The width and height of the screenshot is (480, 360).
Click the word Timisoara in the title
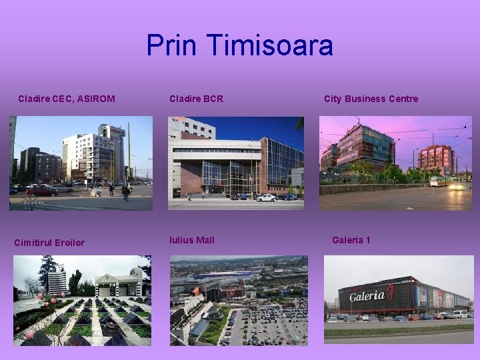(x=269, y=45)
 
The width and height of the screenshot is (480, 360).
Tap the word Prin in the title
(x=173, y=45)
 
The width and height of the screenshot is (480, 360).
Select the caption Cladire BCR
(x=196, y=99)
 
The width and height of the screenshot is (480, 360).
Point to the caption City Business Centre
(x=371, y=99)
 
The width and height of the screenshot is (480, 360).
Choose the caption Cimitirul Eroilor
(x=49, y=243)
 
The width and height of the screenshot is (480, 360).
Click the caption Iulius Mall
(x=192, y=240)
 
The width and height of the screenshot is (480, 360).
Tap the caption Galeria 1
(x=351, y=240)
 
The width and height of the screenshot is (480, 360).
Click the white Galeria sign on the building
(x=367, y=295)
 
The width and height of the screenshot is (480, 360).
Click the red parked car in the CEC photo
(x=41, y=191)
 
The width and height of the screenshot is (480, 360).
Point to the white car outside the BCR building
(x=266, y=197)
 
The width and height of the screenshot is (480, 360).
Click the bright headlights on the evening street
(x=459, y=186)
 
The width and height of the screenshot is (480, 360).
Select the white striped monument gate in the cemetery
(x=119, y=284)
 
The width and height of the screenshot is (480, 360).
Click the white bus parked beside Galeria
(x=459, y=313)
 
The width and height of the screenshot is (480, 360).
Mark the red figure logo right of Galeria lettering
(x=391, y=291)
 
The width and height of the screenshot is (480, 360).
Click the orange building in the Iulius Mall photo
(x=197, y=291)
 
